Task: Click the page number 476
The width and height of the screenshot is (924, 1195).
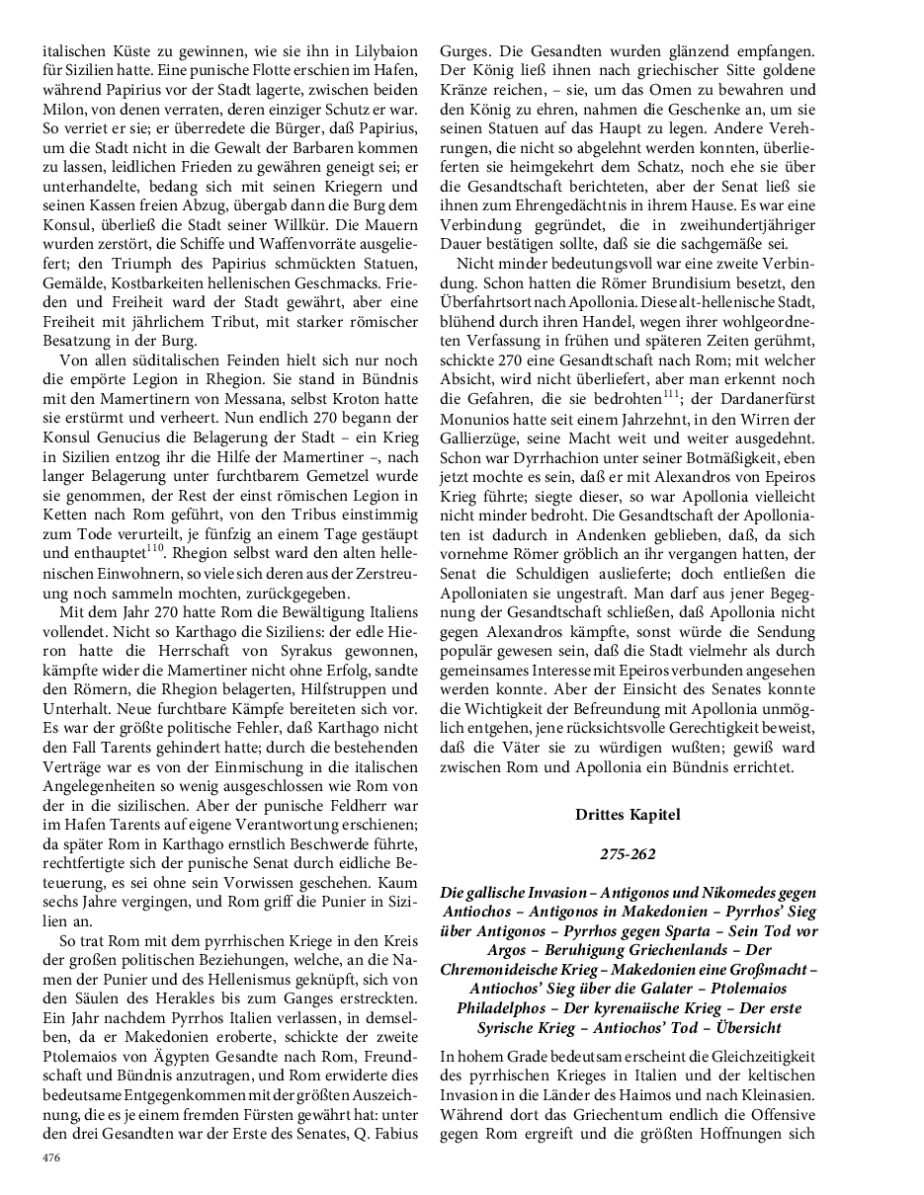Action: pyautogui.click(x=49, y=1157)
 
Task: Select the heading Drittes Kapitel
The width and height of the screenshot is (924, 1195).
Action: pyautogui.click(x=628, y=815)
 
